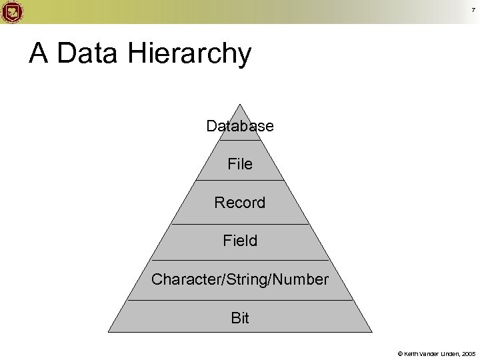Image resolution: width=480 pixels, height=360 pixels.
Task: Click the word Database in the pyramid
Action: point(240,126)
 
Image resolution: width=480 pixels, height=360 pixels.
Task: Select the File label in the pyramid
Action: point(240,163)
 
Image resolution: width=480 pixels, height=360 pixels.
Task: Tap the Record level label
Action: point(240,202)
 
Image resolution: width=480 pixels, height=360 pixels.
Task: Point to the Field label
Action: point(240,241)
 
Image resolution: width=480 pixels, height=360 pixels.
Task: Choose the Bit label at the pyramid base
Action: point(240,318)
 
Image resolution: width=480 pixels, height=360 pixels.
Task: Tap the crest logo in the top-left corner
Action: point(11,11)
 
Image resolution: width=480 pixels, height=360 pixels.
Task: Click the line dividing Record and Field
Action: point(240,224)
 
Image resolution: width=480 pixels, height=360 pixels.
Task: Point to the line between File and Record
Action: point(240,181)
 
